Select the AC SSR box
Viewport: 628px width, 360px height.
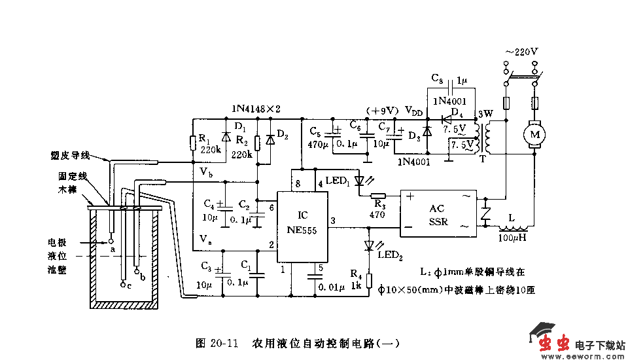coord(438,214)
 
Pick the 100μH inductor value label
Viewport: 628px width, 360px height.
coord(514,238)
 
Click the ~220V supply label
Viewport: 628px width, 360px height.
coord(521,51)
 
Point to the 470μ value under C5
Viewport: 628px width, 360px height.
coord(318,145)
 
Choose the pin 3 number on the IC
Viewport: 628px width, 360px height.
coord(332,221)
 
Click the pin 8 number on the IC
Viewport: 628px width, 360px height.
coord(298,185)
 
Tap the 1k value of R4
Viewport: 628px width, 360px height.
coord(356,286)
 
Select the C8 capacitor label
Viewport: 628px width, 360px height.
coord(438,77)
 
